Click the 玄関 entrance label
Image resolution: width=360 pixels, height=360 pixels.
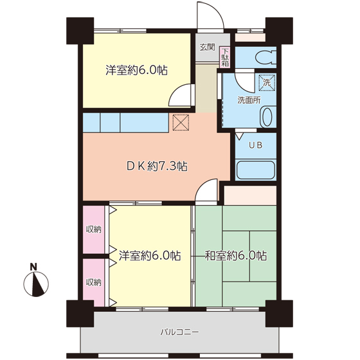pos(206,47)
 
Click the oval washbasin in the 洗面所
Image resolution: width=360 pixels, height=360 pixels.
pos(265,117)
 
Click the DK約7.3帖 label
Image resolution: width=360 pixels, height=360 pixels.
pos(156,166)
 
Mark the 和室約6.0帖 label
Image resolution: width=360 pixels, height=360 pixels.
pos(235,255)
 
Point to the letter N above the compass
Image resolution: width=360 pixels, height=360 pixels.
pos(34,267)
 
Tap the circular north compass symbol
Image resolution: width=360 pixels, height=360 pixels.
pos(36,283)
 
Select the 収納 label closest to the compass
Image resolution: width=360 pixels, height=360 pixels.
pos(94,282)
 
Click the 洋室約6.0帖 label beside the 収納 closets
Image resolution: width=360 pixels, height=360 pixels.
pos(149,255)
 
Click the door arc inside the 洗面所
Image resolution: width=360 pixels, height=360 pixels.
pos(242,81)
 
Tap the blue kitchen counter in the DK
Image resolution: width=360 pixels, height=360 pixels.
pos(125,122)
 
